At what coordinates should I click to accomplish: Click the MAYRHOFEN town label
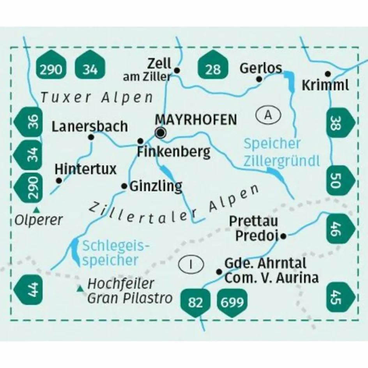point(196,119)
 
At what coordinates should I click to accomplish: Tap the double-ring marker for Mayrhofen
point(160,133)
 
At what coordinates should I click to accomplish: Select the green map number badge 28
point(213,65)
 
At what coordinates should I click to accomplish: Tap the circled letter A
point(268,115)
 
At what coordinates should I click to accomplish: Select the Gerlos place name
point(260,68)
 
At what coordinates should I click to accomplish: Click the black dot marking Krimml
point(328,73)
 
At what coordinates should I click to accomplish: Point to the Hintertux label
point(86,169)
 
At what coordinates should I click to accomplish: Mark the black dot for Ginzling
point(124,186)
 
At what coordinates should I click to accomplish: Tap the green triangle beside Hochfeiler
point(80,288)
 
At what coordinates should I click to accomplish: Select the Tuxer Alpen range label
point(97,98)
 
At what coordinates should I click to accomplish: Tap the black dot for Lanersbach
point(91,137)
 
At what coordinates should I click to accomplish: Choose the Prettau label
point(253,221)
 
